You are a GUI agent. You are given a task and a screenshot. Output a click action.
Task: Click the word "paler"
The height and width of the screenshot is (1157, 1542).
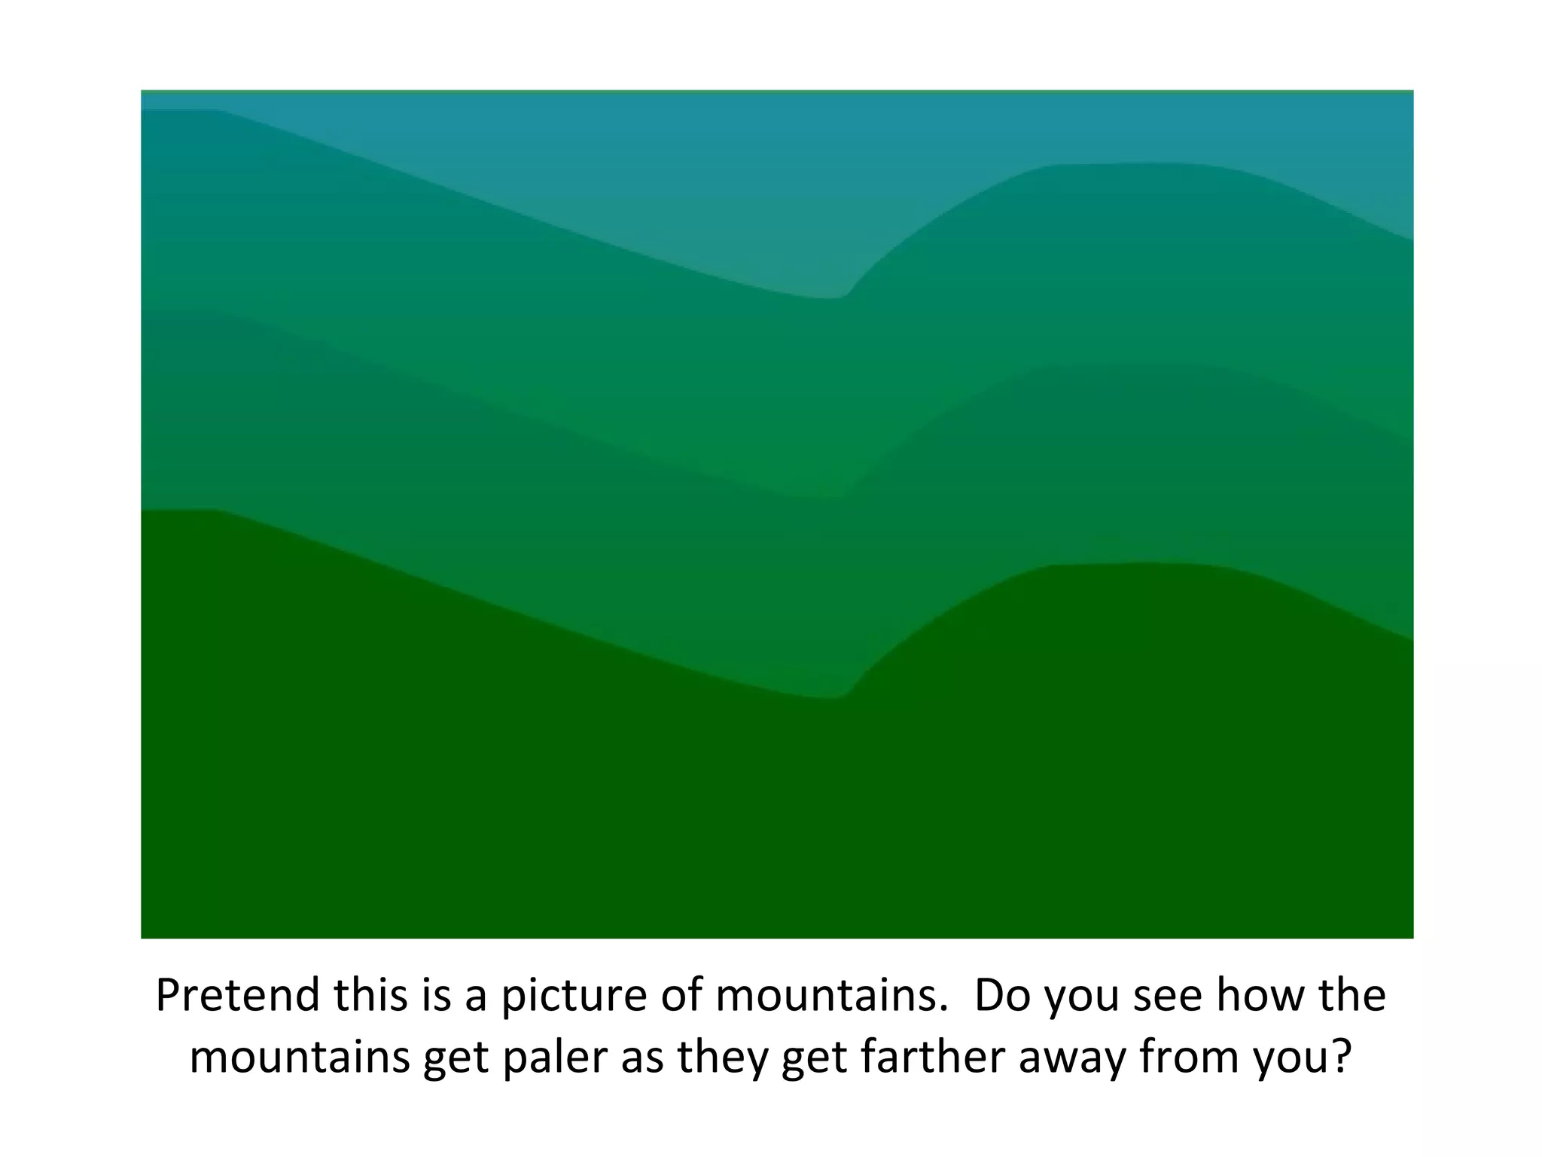(x=554, y=1058)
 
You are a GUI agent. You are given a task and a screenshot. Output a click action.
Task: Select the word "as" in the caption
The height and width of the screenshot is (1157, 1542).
(x=642, y=1058)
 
